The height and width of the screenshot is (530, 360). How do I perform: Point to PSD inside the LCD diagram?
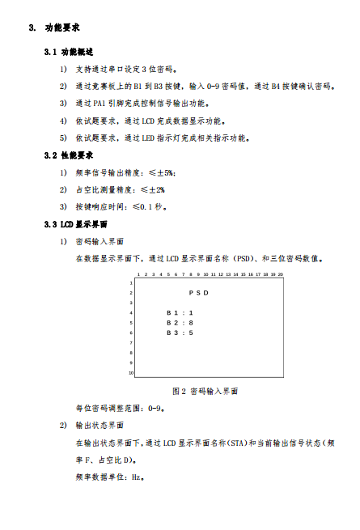[x=199, y=292]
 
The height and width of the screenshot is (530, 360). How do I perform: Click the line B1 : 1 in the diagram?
[x=180, y=312]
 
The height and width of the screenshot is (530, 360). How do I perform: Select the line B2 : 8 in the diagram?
[x=180, y=322]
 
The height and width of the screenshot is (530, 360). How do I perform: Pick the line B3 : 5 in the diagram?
[x=180, y=332]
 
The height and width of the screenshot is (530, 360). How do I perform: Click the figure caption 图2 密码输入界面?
[x=205, y=391]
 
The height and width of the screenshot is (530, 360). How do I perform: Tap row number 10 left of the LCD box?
[x=130, y=373]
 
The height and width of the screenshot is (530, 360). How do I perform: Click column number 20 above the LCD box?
[x=280, y=274]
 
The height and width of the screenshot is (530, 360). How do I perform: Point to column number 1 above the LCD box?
[x=139, y=274]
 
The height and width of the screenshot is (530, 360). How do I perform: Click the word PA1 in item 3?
[x=101, y=104]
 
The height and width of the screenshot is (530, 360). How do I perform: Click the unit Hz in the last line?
[x=137, y=477]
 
